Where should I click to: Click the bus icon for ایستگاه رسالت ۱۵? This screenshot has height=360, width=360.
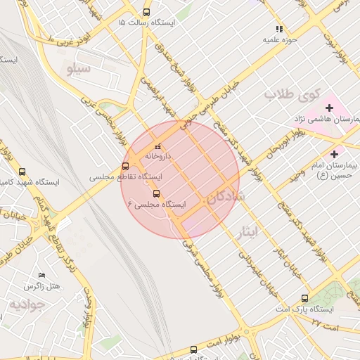coord(146,12)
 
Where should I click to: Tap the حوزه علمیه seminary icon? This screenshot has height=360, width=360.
coord(279,30)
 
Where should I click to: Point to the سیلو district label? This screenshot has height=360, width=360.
coord(79,69)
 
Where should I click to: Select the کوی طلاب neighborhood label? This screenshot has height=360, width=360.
coord(292,94)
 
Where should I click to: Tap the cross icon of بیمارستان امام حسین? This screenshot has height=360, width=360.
coord(333,153)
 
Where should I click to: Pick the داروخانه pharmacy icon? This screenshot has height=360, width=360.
coord(156,146)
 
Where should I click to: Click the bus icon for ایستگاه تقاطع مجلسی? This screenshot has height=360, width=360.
coord(125,166)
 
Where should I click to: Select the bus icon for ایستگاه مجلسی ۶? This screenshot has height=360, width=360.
coord(156,193)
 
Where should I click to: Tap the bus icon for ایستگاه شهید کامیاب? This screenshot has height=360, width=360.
coord(22,171)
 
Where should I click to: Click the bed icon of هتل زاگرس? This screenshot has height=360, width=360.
coord(41,275)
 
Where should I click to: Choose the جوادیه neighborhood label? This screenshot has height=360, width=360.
coord(27,304)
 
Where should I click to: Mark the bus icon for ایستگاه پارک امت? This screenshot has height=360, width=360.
coord(304,298)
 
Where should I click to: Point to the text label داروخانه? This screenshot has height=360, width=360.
coord(158,156)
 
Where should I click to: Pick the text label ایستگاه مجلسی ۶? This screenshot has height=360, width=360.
coord(157,204)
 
